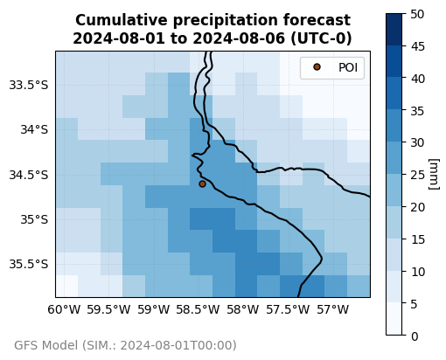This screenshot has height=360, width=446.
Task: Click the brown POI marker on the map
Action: pos(202,183)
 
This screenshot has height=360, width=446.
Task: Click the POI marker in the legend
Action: pos(317,67)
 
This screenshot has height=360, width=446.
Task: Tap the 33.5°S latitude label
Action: pos(29,85)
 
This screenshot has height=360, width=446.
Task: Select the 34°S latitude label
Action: pos(34,129)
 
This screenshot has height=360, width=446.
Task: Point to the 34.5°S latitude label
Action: pos(29,175)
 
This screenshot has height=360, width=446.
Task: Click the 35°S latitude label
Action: pos(34,219)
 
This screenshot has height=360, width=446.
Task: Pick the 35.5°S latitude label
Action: pos(29,264)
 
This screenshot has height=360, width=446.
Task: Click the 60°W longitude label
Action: pos(64,309)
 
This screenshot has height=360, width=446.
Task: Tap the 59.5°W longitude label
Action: pos(108,309)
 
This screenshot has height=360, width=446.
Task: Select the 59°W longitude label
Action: pos(154,309)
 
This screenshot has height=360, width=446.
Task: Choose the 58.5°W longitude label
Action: pos(198,309)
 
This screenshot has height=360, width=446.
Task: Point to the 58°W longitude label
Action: pos(243,309)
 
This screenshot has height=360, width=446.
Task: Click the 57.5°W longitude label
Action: pos(288,309)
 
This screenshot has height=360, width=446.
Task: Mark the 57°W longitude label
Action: pos(332,309)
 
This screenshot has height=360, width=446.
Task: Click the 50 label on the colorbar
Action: pos(417,14)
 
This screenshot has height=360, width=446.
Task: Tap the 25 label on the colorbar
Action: pos(417,175)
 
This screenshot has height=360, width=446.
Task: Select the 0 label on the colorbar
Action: pos(415,336)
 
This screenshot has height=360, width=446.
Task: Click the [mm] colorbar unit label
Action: pos(434,174)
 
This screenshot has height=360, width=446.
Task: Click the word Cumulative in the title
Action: pos(122,20)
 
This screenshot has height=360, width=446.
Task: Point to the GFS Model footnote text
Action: pos(125,345)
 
